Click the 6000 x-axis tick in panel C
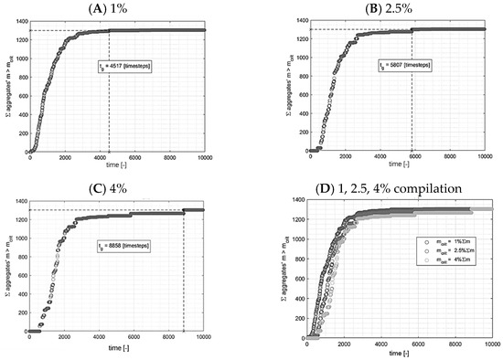(x=134, y=337)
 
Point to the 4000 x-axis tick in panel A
(x=99, y=157)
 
